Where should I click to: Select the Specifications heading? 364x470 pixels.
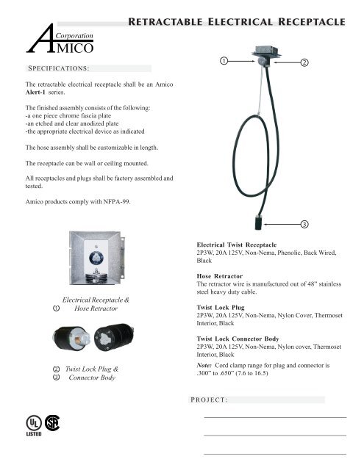[x=58, y=68]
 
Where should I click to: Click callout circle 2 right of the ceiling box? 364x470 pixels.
[x=304, y=62]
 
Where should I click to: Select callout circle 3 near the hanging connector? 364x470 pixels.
[x=304, y=222]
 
